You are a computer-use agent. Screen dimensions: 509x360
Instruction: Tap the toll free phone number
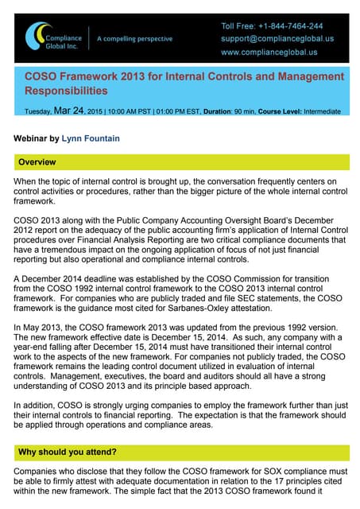tap(272, 26)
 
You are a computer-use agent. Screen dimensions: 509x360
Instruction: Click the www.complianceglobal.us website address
tap(269, 52)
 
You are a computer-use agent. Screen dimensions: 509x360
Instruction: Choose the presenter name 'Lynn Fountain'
tap(91, 138)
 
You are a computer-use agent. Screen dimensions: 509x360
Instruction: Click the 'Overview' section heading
tap(37, 162)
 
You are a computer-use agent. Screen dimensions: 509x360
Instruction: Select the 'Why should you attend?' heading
tap(67, 452)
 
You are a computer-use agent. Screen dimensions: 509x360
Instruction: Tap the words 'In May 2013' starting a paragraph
tap(37, 328)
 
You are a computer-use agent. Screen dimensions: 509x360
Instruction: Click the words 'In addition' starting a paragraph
tap(35, 405)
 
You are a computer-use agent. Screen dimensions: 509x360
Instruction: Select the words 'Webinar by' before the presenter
tap(36, 138)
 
